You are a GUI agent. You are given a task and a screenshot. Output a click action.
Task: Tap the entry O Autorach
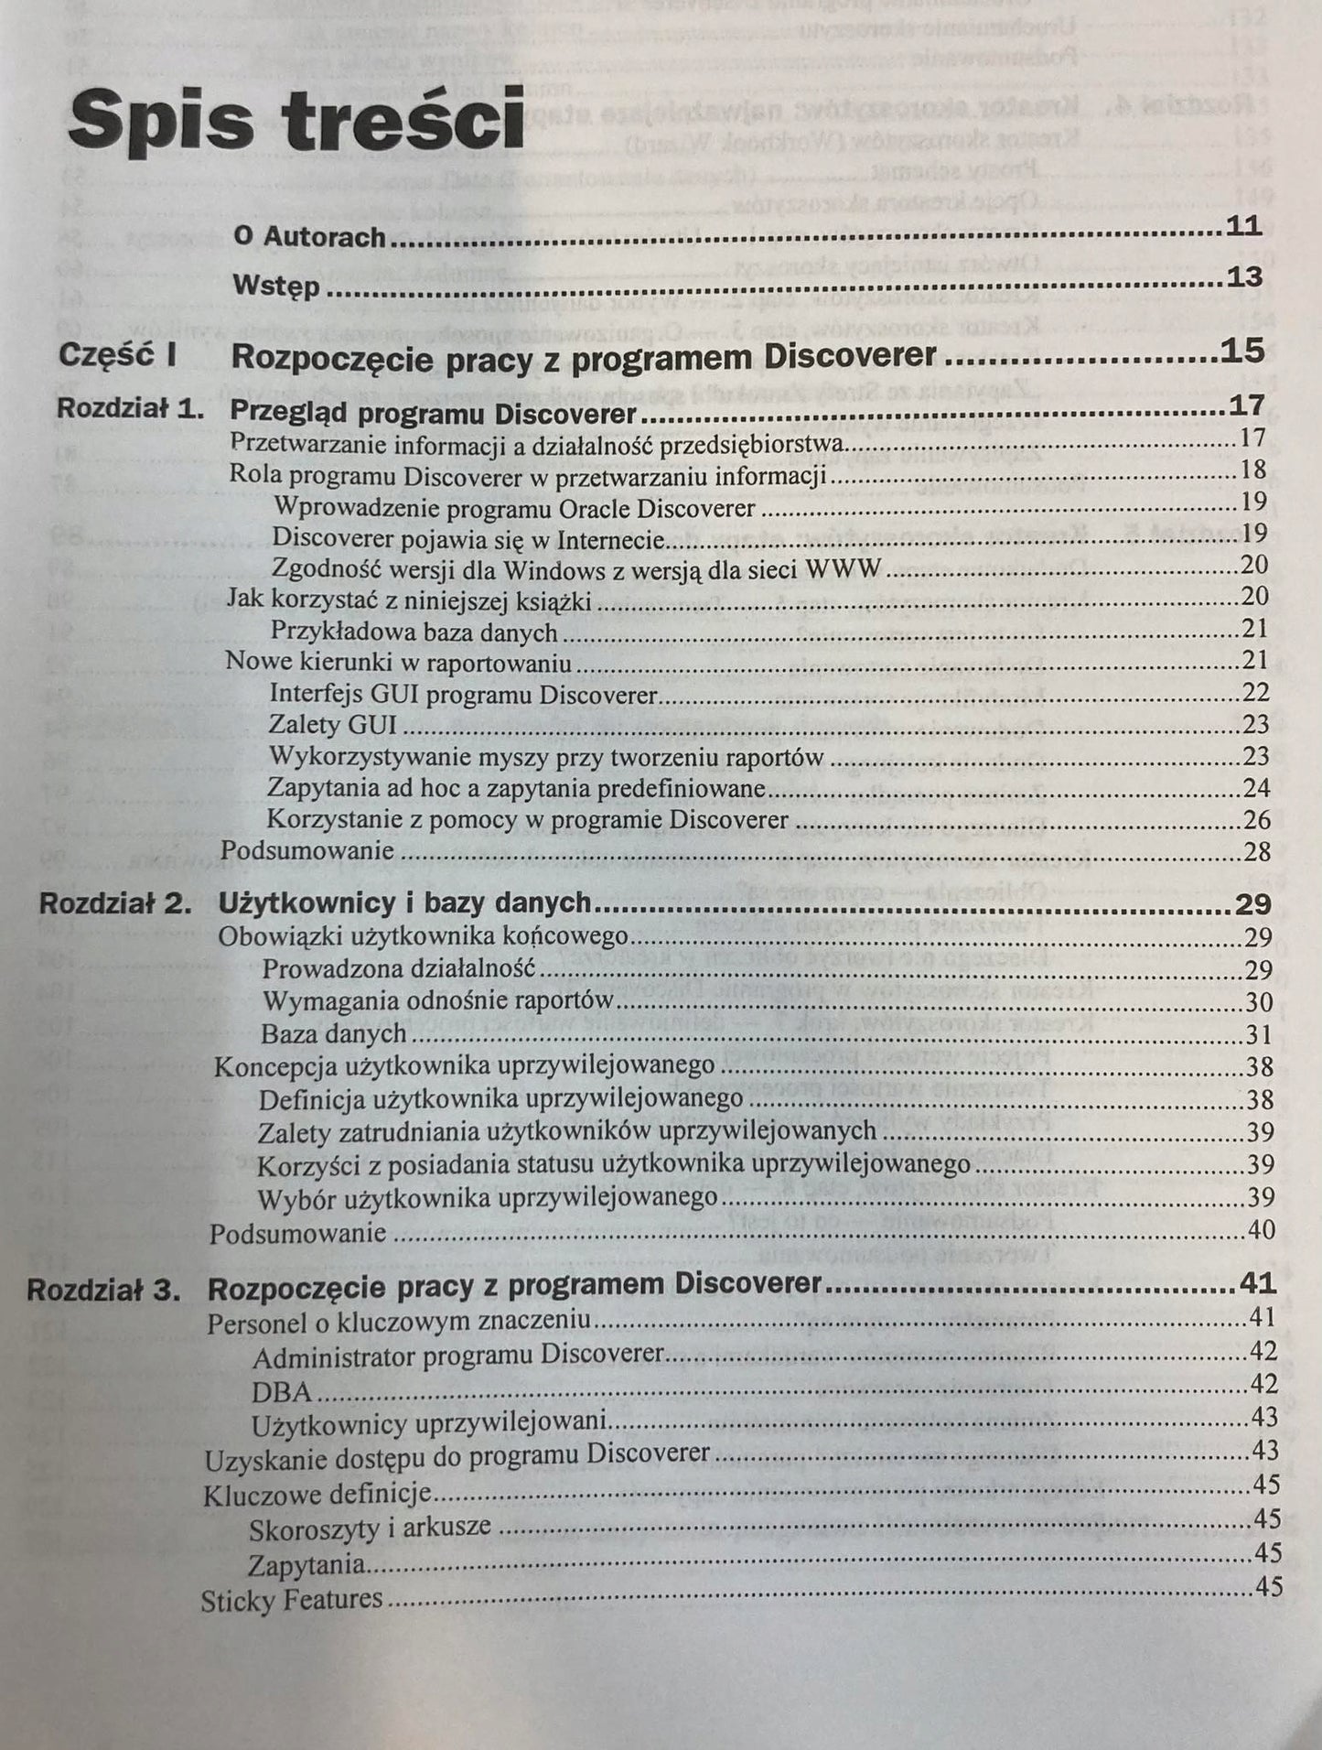point(309,237)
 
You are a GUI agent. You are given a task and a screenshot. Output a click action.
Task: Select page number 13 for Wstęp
point(1245,276)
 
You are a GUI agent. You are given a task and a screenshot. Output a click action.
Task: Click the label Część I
point(117,355)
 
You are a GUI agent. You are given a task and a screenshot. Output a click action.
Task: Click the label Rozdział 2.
point(114,903)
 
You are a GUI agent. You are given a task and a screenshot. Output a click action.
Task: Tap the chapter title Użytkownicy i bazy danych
point(404,902)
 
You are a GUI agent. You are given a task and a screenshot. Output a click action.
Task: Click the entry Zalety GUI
point(332,725)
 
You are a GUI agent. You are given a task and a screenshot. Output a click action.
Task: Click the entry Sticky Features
point(291,1600)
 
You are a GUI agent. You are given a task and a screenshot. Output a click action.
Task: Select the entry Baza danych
point(333,1034)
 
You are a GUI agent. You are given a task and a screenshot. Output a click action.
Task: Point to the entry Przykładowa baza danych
point(414,632)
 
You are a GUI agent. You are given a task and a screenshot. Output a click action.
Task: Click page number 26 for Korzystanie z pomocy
point(1256,819)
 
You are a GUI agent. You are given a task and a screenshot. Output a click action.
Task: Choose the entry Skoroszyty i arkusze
point(370,1527)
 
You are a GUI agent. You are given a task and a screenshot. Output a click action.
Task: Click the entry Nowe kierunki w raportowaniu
point(399,662)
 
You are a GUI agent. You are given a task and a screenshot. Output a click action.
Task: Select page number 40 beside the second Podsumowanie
point(1261,1230)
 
